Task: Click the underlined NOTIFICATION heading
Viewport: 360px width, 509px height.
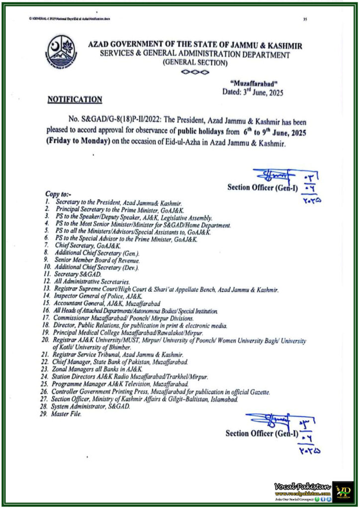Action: tap(75, 99)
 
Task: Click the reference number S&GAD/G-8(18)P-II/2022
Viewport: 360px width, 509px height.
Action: tap(119, 122)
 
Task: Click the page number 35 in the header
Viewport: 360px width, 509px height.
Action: tap(304, 19)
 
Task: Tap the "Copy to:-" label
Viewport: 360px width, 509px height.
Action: tap(59, 193)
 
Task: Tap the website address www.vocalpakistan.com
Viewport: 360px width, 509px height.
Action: tap(303, 493)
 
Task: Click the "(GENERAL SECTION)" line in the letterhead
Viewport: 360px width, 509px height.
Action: tap(195, 63)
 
